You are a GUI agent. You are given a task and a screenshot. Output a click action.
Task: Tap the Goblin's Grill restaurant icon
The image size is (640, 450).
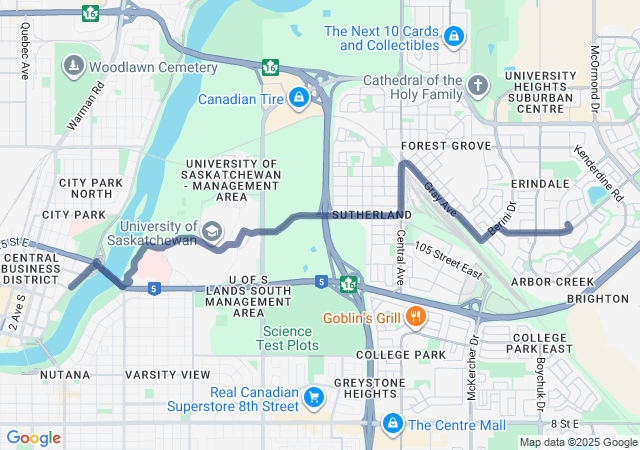(x=417, y=318)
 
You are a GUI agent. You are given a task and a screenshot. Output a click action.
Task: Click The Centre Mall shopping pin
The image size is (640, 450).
(x=394, y=424)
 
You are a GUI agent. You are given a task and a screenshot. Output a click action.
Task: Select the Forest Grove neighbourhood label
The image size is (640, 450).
(x=446, y=146)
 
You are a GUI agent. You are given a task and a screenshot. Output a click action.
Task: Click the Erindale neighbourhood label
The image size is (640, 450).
(x=539, y=184)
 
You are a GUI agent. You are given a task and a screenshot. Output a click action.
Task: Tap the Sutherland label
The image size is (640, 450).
(x=371, y=215)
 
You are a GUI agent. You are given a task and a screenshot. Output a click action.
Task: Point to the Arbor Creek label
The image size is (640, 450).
(x=553, y=282)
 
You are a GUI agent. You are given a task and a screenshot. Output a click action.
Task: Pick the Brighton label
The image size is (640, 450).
(x=597, y=299)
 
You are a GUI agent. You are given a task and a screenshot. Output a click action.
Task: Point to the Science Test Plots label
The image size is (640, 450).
(x=290, y=338)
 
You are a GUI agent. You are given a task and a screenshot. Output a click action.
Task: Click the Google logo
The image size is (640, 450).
(x=33, y=437)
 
